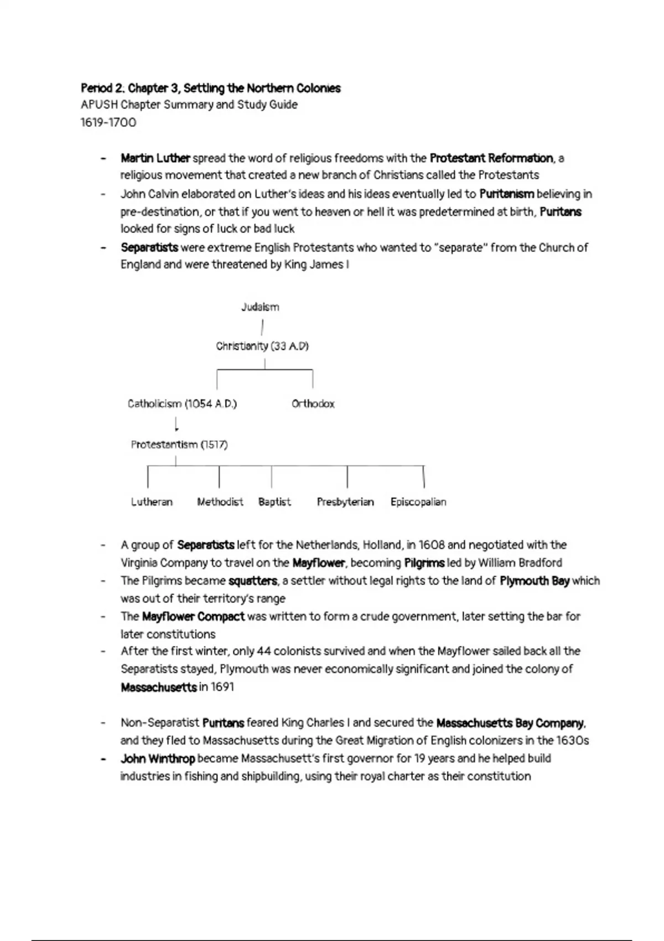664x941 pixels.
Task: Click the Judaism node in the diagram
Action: (x=260, y=307)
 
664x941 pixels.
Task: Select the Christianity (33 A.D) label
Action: (x=262, y=347)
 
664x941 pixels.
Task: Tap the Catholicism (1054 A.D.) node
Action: (x=182, y=404)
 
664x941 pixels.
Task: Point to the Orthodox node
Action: (x=313, y=404)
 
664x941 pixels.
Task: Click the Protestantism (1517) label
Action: (x=179, y=444)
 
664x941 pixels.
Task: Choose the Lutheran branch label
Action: (x=152, y=502)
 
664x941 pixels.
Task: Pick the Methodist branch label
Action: (x=220, y=502)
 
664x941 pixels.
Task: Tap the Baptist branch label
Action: (x=274, y=502)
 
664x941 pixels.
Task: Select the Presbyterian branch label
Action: (x=345, y=502)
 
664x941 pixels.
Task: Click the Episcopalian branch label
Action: (x=418, y=502)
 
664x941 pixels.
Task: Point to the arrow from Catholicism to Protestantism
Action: (x=177, y=425)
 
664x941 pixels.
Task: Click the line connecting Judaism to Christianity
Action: (x=262, y=327)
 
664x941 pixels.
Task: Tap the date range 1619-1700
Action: (x=108, y=122)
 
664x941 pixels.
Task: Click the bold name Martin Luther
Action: (x=155, y=158)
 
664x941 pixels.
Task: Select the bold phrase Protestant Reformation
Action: (x=491, y=158)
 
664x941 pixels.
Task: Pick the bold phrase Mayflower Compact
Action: (x=193, y=617)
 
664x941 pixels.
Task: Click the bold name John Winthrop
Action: (x=158, y=758)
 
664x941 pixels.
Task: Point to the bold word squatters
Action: (x=252, y=581)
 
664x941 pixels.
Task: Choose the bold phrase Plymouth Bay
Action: (x=535, y=581)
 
